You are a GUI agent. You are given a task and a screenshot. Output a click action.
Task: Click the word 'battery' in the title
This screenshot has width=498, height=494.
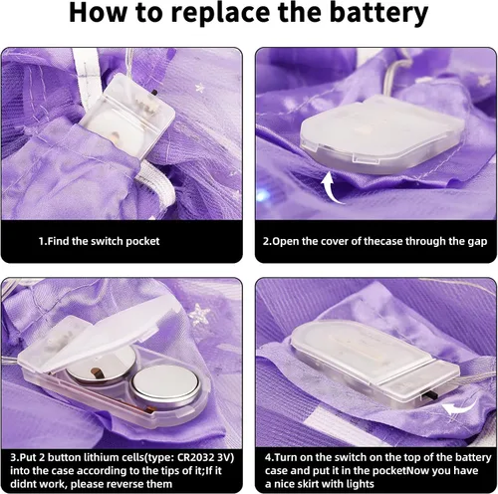tap(378, 12)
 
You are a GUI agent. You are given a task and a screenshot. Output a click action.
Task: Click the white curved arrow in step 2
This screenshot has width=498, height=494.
tap(332, 187)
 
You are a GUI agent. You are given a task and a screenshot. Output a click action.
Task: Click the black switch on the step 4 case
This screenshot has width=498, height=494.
tap(432, 396)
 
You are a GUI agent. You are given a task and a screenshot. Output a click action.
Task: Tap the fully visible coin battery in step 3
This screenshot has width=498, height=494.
tap(165, 386)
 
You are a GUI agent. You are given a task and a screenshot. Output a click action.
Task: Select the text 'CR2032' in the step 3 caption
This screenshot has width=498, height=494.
tap(195, 457)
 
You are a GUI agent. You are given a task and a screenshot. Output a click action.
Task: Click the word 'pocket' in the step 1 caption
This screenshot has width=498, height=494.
tap(142, 241)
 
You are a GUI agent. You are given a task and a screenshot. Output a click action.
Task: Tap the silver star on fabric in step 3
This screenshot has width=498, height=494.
tap(200, 314)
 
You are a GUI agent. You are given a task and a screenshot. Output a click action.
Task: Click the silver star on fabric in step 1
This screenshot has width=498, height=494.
tap(200, 88)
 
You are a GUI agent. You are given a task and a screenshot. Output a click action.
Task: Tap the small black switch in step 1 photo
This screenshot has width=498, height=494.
tap(154, 92)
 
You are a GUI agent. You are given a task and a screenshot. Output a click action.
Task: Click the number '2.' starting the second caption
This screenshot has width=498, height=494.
tap(267, 241)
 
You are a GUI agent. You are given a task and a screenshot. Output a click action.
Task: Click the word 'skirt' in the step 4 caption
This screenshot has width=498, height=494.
tap(302, 484)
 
